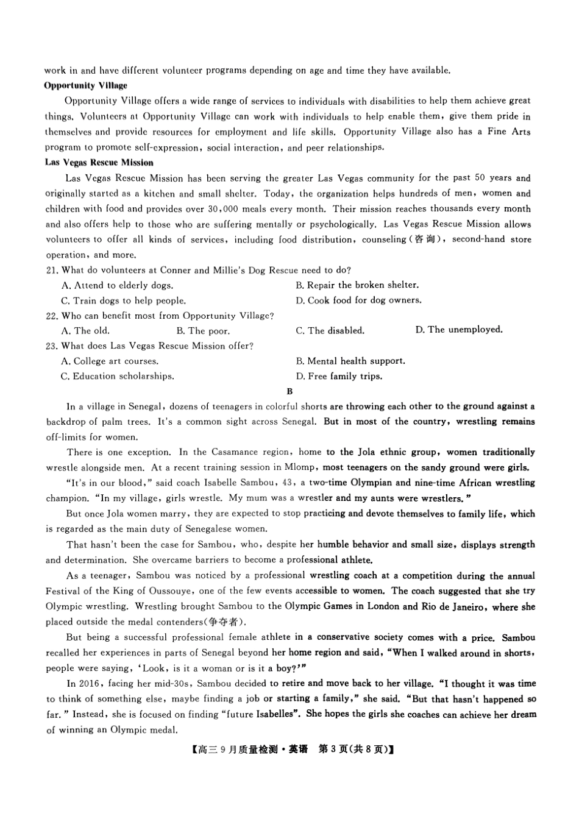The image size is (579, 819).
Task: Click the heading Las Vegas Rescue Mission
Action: [x=99, y=163]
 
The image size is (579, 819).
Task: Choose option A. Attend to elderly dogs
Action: [x=117, y=285]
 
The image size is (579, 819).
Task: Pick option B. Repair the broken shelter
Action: [x=357, y=285]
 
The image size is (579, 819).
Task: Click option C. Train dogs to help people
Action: [x=123, y=300]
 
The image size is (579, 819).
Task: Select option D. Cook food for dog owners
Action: [x=358, y=300]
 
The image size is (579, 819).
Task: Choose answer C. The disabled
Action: [x=330, y=331]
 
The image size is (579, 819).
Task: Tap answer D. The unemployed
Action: [x=459, y=330]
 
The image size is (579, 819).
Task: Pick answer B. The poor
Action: [x=203, y=331]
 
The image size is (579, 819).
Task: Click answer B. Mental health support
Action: [x=350, y=361]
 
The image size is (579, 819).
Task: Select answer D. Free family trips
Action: [x=339, y=377]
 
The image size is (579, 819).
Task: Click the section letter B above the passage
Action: [x=289, y=391]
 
